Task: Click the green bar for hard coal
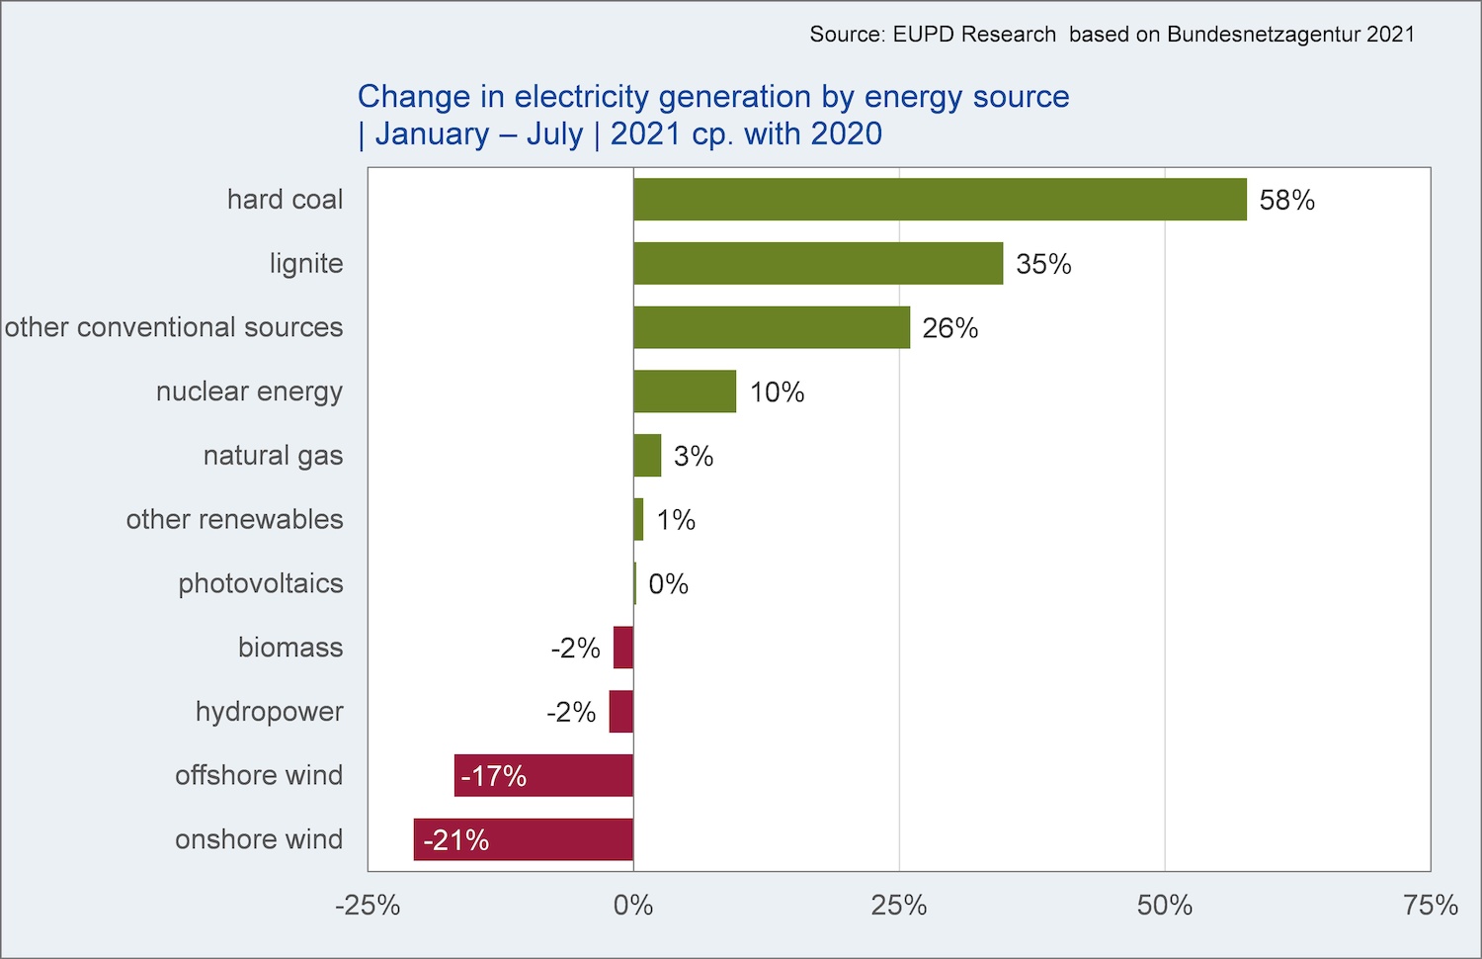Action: (x=940, y=199)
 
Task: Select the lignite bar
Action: (x=818, y=263)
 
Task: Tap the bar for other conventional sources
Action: (x=772, y=327)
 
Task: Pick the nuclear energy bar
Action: (x=685, y=392)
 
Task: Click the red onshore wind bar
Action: (x=524, y=839)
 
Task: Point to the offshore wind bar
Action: (x=543, y=775)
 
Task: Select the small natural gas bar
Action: (x=647, y=456)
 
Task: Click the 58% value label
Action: (x=1286, y=200)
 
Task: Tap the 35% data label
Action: (x=1043, y=264)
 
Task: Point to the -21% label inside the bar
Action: (x=455, y=840)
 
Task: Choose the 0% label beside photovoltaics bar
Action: (x=668, y=584)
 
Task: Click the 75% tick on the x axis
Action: (x=1431, y=906)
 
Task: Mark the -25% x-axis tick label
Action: (x=368, y=906)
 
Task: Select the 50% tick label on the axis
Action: (x=1165, y=906)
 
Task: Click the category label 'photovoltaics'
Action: (x=261, y=583)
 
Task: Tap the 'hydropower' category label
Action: (x=270, y=712)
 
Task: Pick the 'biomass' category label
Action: (x=290, y=648)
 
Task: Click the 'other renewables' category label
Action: (x=235, y=520)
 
